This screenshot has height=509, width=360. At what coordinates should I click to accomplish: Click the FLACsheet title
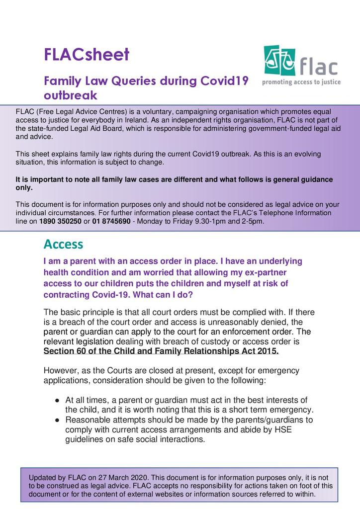pos(87,54)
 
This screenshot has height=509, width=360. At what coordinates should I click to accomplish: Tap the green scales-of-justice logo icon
pos(279,60)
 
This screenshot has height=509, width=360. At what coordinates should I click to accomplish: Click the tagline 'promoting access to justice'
pos(301,82)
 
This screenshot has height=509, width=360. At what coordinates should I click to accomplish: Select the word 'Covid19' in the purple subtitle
pos(227,81)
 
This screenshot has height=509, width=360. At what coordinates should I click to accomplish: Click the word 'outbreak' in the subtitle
pos(70,94)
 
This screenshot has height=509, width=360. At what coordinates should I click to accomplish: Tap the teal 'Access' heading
pos(63,244)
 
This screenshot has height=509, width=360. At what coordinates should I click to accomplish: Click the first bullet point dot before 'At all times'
pos(57,400)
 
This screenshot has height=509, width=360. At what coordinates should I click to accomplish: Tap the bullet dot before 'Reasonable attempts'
pos(57,420)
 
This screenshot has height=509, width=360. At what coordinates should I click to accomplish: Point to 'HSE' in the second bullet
pos(282,430)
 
